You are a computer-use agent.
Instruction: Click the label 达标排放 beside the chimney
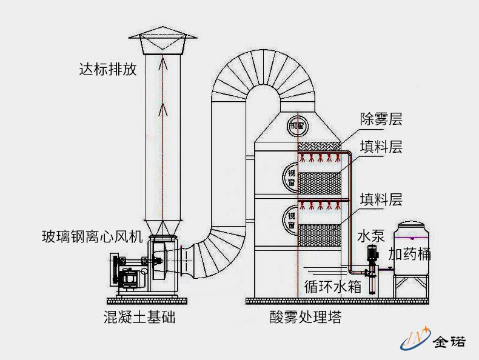point(107,69)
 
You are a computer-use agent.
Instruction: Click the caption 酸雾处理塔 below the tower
point(301,316)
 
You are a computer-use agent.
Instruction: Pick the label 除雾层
point(381,119)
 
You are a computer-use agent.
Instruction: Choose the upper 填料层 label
point(381,147)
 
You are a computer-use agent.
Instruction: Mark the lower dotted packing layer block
point(320,234)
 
